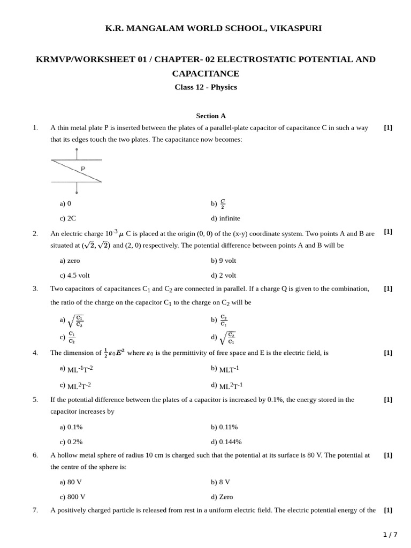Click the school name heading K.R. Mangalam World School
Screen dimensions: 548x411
pyautogui.click(x=205, y=28)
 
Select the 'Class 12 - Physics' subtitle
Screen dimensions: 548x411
pyautogui.click(x=205, y=87)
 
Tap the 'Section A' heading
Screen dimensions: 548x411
pyautogui.click(x=211, y=116)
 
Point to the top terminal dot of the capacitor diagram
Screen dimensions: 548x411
pyautogui.click(x=77, y=150)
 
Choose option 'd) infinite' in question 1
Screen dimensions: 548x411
pyautogui.click(x=225, y=218)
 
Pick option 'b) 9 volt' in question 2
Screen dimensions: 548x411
pyautogui.click(x=223, y=261)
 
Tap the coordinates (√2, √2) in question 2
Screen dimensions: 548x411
pyautogui.click(x=96, y=246)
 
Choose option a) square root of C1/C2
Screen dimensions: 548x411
pyautogui.click(x=72, y=321)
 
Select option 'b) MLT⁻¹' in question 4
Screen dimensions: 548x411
pyautogui.click(x=225, y=369)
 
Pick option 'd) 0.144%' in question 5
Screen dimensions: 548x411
pyautogui.click(x=226, y=442)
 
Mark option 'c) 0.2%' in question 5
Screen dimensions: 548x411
pyautogui.click(x=71, y=442)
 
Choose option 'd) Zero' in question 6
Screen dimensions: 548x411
pyautogui.click(x=222, y=497)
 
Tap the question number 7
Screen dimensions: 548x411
pyautogui.click(x=35, y=511)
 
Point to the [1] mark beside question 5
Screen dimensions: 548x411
pyautogui.click(x=388, y=400)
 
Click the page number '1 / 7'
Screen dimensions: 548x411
pyautogui.click(x=391, y=535)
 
